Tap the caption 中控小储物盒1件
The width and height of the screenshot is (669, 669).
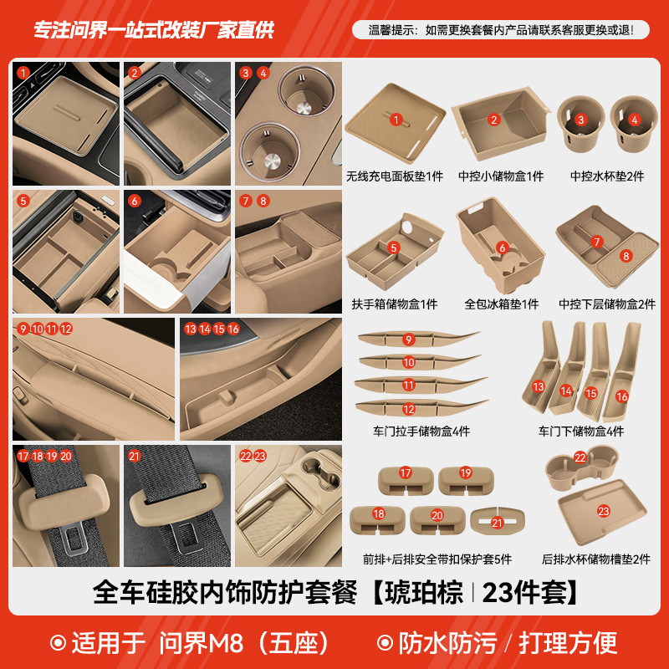click(501, 176)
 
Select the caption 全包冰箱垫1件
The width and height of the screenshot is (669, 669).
click(501, 304)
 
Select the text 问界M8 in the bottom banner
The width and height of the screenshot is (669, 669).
click(199, 643)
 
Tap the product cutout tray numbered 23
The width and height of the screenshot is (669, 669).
click(602, 513)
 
